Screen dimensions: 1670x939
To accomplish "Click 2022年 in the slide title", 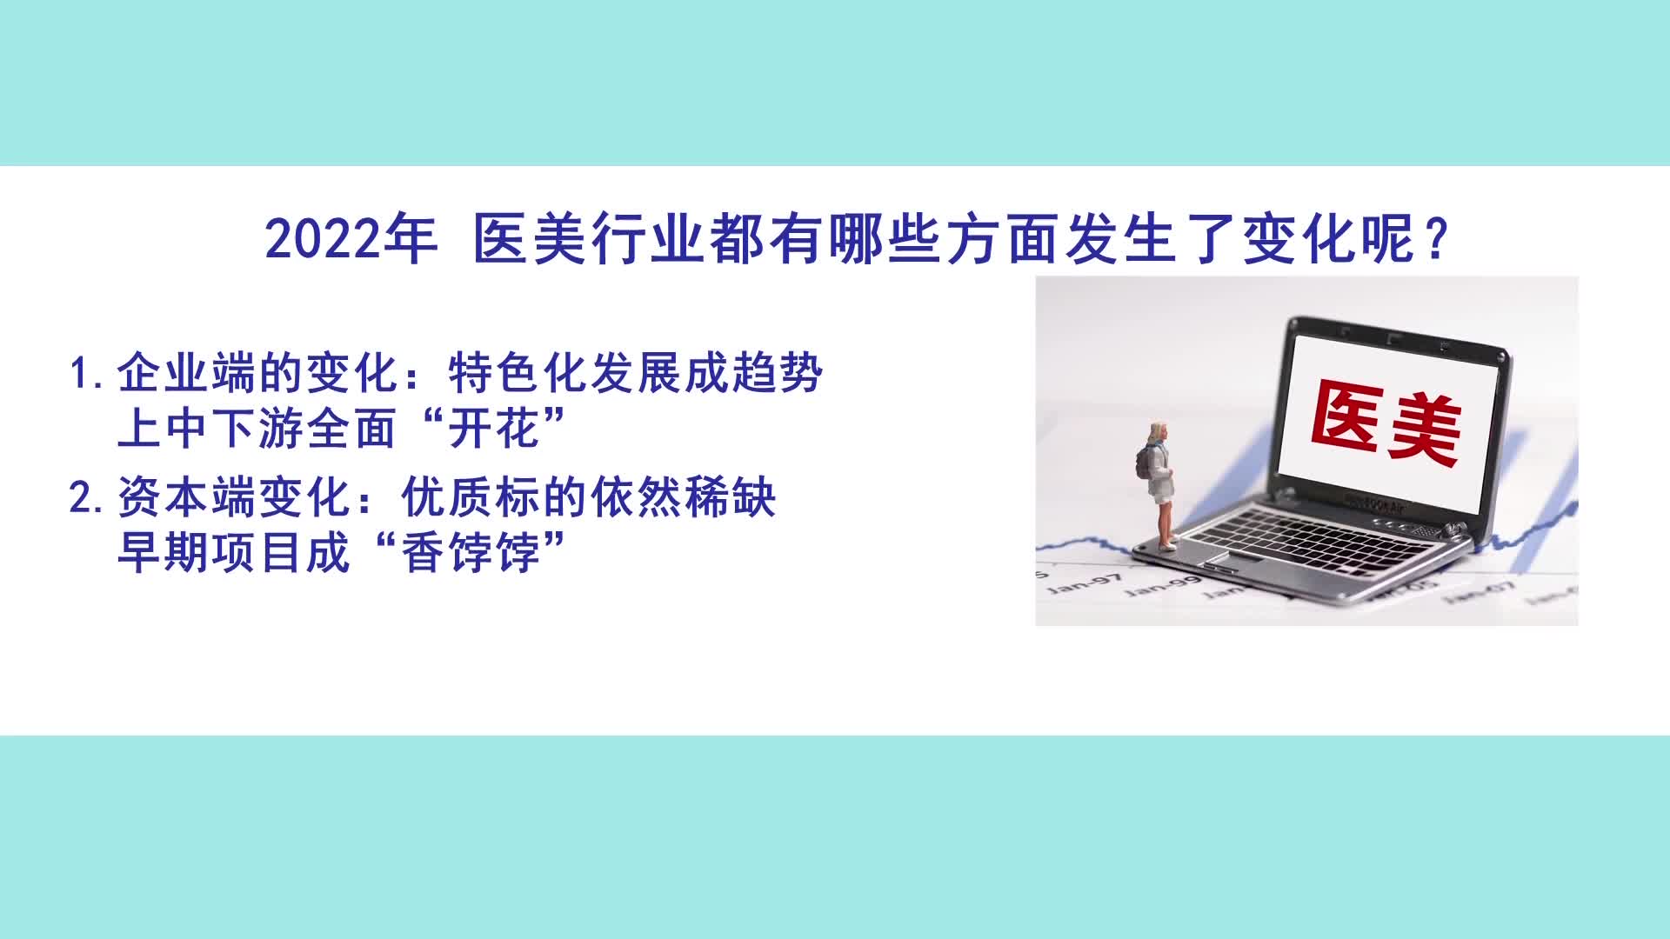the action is click(351, 239).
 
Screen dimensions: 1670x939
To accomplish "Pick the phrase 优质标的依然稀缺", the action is click(589, 498).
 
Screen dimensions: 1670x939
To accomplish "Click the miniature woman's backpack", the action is click(1144, 463).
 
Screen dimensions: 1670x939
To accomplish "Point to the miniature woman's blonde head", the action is click(1159, 433).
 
